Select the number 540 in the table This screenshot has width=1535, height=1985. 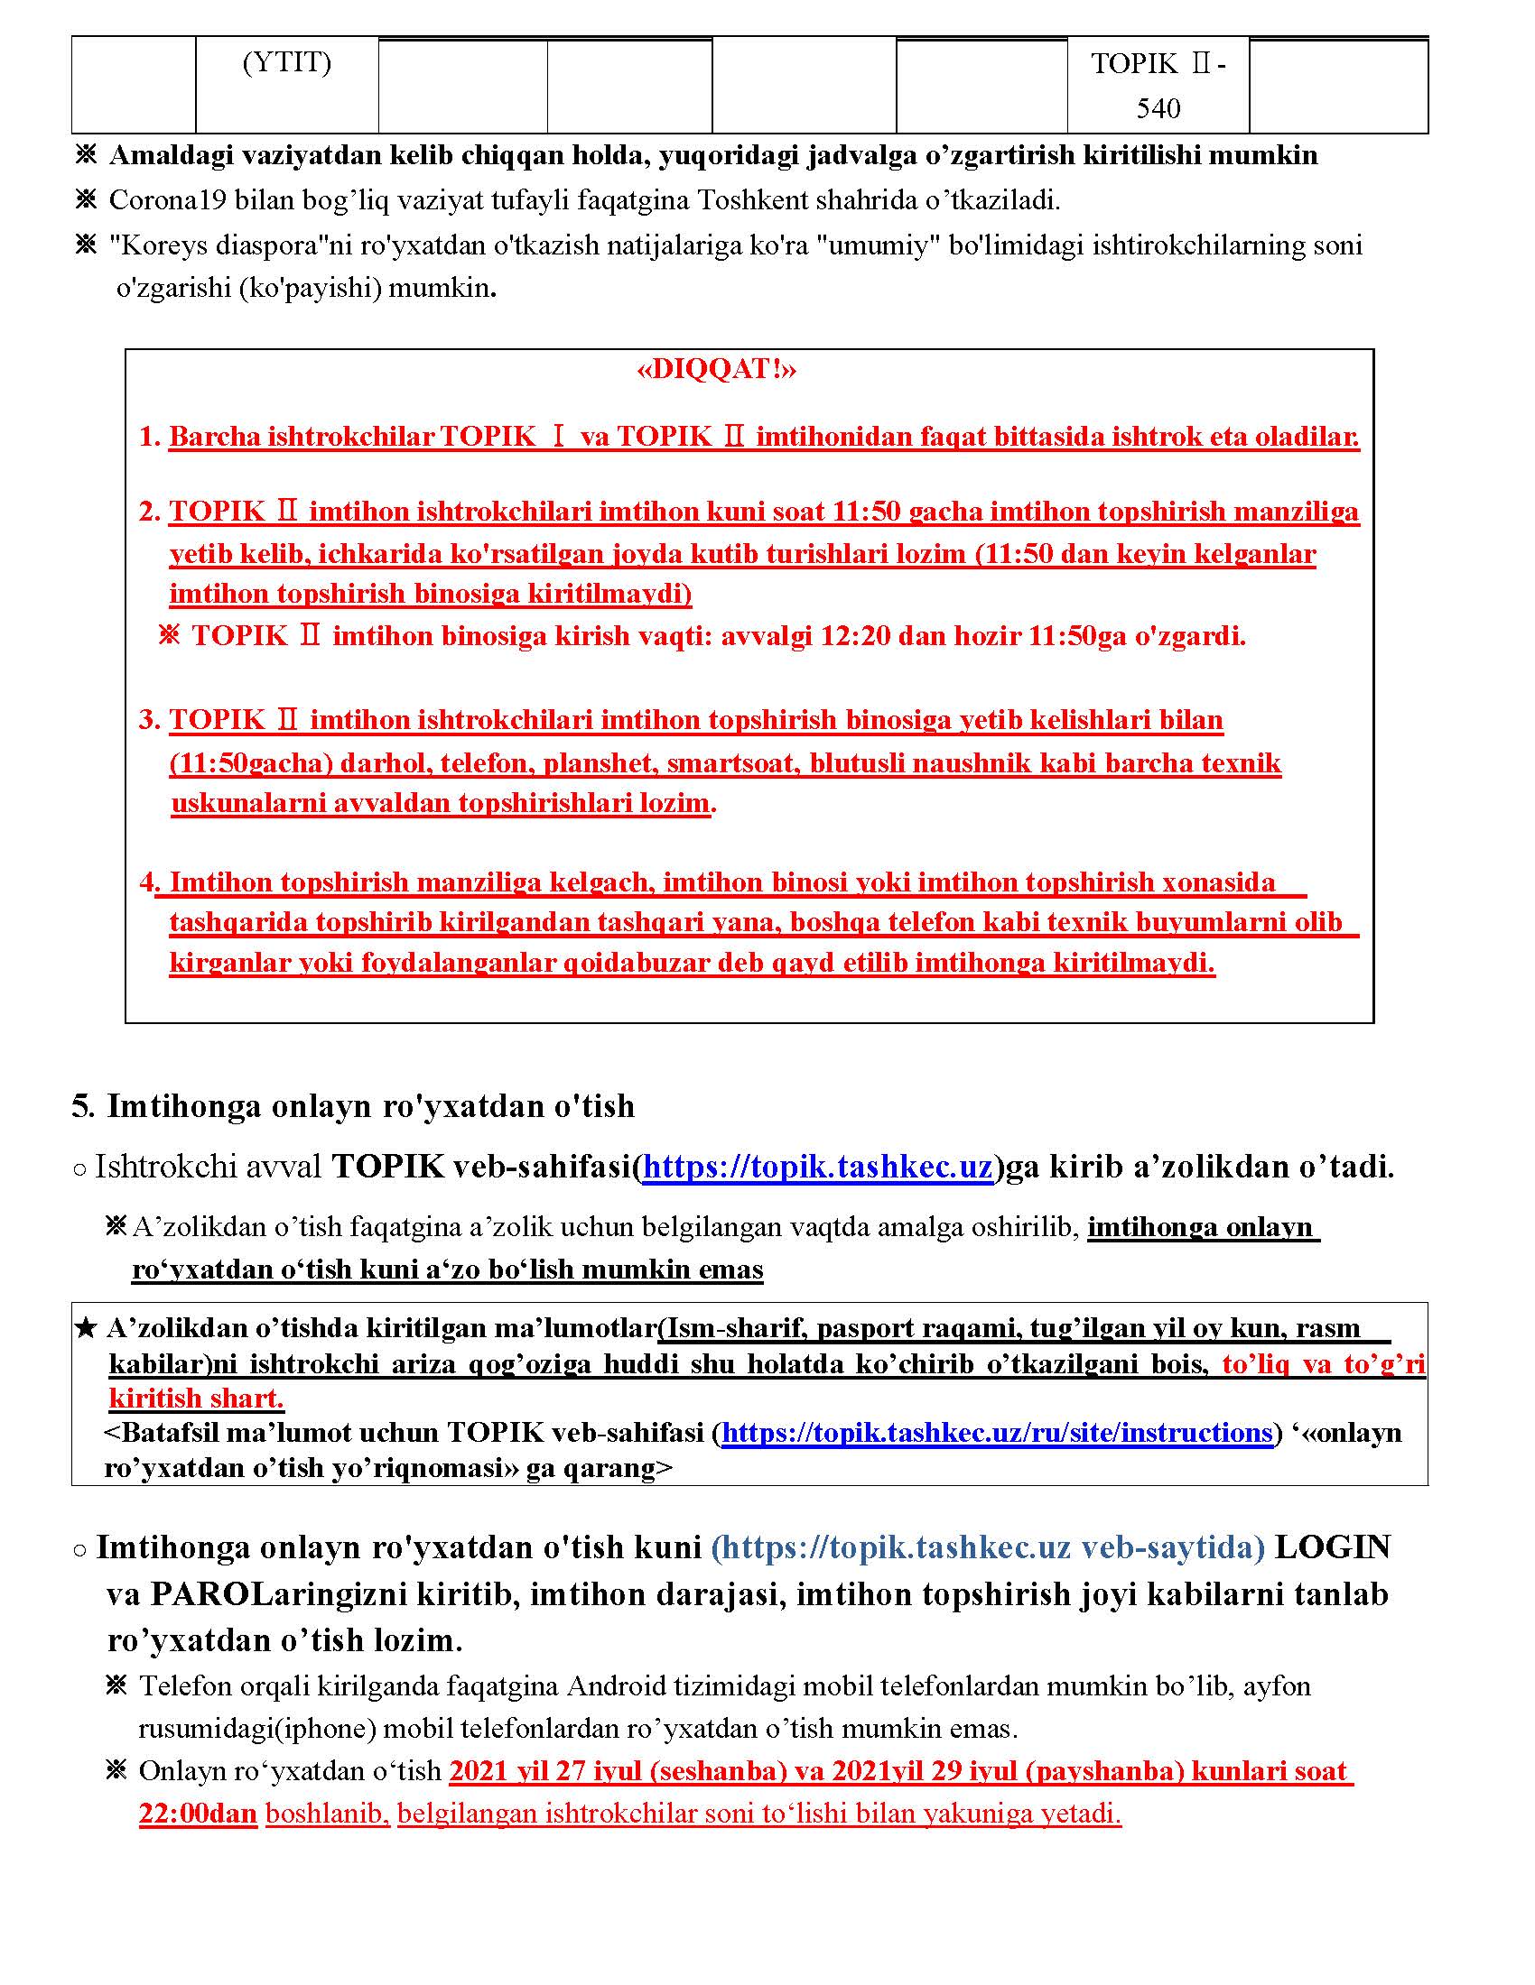pos(1158,109)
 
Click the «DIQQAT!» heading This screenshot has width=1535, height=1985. pos(717,369)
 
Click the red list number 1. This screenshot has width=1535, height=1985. pos(149,438)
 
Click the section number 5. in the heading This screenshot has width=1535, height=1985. pos(83,1106)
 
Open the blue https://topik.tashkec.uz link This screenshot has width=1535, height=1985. pos(816,1166)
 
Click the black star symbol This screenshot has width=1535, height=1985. pos(86,1329)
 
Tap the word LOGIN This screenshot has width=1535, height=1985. pos(1332,1546)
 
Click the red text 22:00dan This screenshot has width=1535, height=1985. pos(199,1814)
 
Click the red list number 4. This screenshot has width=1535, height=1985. pos(148,882)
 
